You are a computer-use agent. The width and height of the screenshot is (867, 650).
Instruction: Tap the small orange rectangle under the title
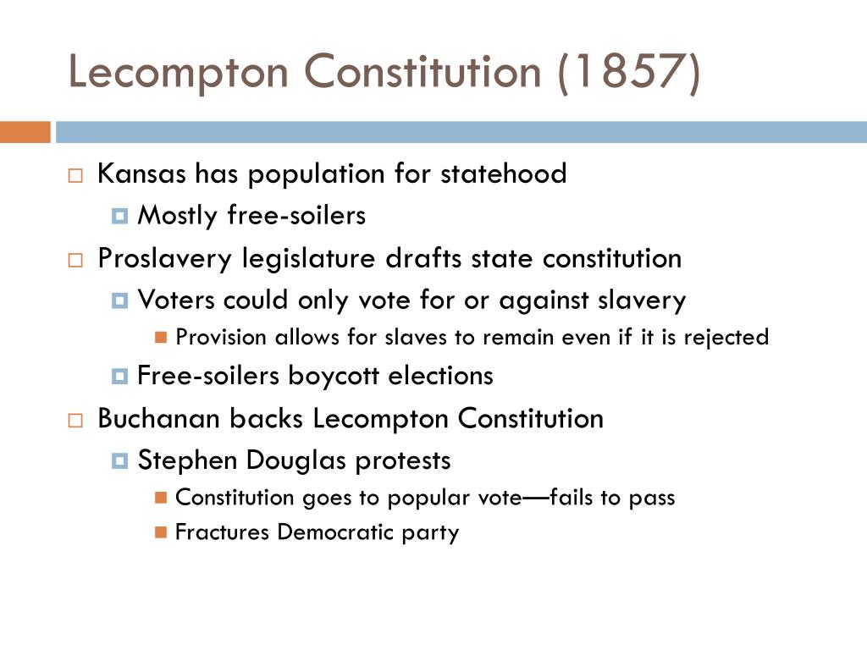(25, 133)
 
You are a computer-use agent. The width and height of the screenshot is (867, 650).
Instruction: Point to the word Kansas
(142, 174)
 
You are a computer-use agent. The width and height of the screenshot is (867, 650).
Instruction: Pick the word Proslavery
(165, 258)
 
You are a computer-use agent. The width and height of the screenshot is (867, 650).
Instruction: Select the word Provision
(213, 337)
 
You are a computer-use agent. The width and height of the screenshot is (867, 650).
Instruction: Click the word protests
(402, 460)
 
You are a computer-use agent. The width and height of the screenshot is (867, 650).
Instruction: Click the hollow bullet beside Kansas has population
(75, 176)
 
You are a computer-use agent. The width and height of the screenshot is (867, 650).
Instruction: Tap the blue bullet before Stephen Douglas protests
(119, 461)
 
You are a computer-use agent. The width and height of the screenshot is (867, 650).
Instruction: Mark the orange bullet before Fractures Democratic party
(161, 532)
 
